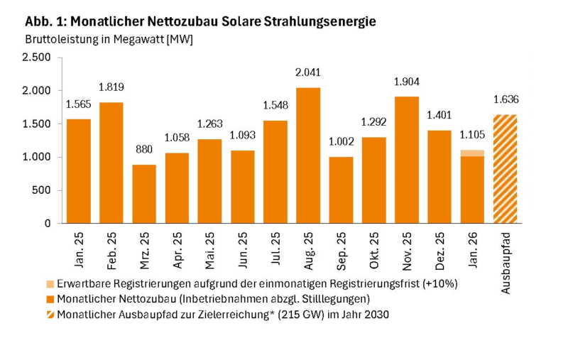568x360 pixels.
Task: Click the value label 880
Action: pos(145,150)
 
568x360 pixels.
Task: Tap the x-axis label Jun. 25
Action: pos(244,249)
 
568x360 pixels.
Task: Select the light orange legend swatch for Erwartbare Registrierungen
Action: pos(49,283)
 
